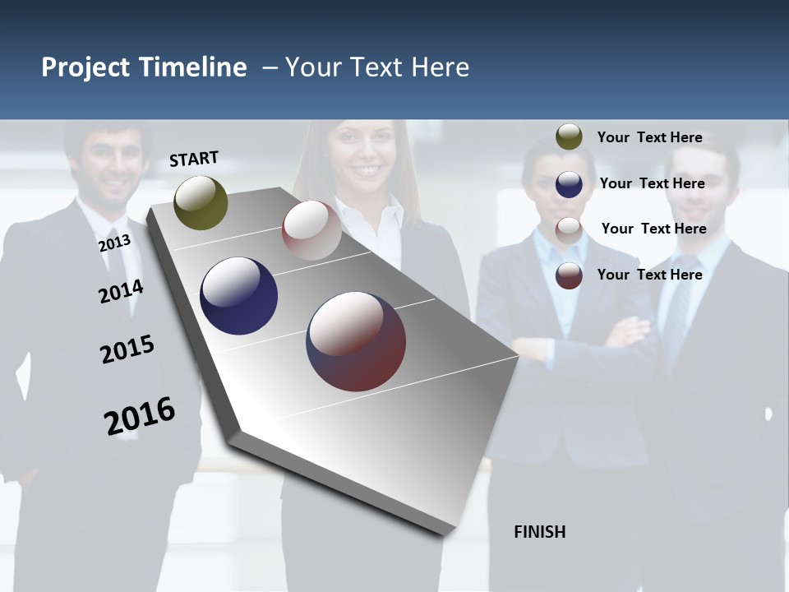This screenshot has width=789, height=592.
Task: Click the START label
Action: [194, 159]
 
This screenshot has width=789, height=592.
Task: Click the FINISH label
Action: [539, 532]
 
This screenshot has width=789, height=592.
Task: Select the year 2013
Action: [114, 243]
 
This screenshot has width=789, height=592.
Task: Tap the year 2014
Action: [121, 291]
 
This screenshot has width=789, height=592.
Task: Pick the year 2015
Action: [127, 349]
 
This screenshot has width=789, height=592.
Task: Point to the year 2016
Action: [140, 415]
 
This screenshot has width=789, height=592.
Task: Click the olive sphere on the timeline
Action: [201, 202]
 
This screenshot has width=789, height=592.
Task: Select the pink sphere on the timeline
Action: [311, 230]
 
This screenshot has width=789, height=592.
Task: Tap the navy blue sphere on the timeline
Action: [238, 296]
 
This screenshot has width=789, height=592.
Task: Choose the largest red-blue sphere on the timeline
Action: [356, 341]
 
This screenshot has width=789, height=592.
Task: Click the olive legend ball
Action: [569, 137]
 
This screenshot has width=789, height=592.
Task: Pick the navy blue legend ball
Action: [569, 183]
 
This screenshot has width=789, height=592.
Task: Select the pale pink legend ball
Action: [569, 229]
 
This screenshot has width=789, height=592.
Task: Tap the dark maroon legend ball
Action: [569, 275]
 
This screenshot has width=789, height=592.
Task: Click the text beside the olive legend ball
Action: [649, 137]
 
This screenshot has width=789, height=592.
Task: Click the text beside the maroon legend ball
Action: [649, 275]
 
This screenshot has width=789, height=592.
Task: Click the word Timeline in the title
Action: [192, 67]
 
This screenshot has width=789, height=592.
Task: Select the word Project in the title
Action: [85, 67]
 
